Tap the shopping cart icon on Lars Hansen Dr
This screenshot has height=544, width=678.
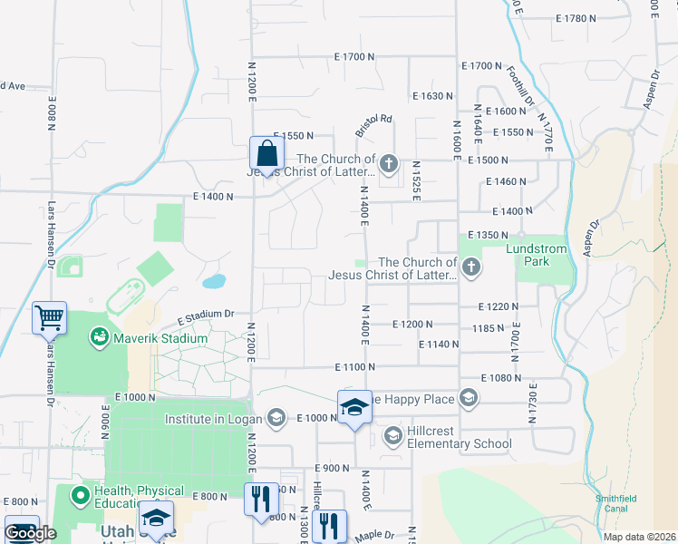pos(49,317)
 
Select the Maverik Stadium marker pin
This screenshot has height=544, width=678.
pos(97,338)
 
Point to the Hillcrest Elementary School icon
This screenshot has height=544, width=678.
pos(393,437)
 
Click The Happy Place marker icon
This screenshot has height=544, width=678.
pos(468,398)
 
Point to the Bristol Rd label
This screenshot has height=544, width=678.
pos(373,125)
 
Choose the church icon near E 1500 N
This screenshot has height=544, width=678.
pos(388,164)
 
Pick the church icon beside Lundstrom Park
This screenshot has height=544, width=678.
pos(470,267)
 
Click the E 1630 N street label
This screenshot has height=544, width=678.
pos(431,95)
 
